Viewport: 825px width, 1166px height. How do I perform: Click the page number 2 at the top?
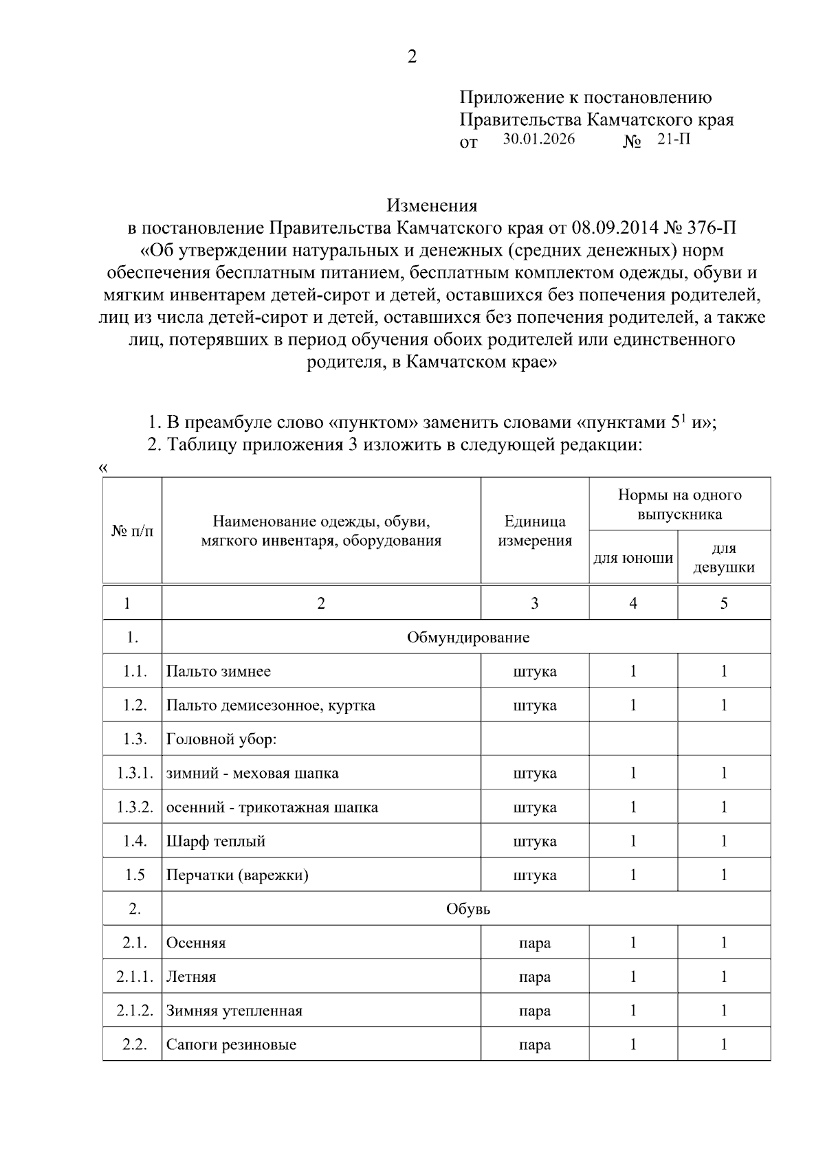[x=412, y=57]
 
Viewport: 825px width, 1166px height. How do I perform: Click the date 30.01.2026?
[x=539, y=139]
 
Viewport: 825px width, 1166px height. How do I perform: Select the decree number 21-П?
[x=674, y=139]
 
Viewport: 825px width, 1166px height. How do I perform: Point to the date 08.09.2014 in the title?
[x=615, y=227]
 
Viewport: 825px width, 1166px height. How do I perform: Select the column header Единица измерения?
[x=534, y=530]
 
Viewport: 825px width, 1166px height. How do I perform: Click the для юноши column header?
[x=633, y=557]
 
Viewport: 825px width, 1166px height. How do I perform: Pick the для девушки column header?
[x=724, y=557]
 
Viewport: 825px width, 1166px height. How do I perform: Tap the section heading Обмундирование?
[x=467, y=637]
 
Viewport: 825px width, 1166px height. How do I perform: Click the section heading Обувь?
[x=467, y=908]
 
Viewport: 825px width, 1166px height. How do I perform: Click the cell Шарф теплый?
[x=215, y=841]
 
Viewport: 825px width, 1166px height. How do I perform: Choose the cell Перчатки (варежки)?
[x=237, y=875]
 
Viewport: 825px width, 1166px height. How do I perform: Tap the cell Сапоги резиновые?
[x=231, y=1044]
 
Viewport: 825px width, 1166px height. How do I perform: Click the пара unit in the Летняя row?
[x=534, y=976]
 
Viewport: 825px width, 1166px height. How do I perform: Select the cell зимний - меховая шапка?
[x=252, y=773]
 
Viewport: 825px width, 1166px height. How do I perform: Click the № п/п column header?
[x=132, y=530]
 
